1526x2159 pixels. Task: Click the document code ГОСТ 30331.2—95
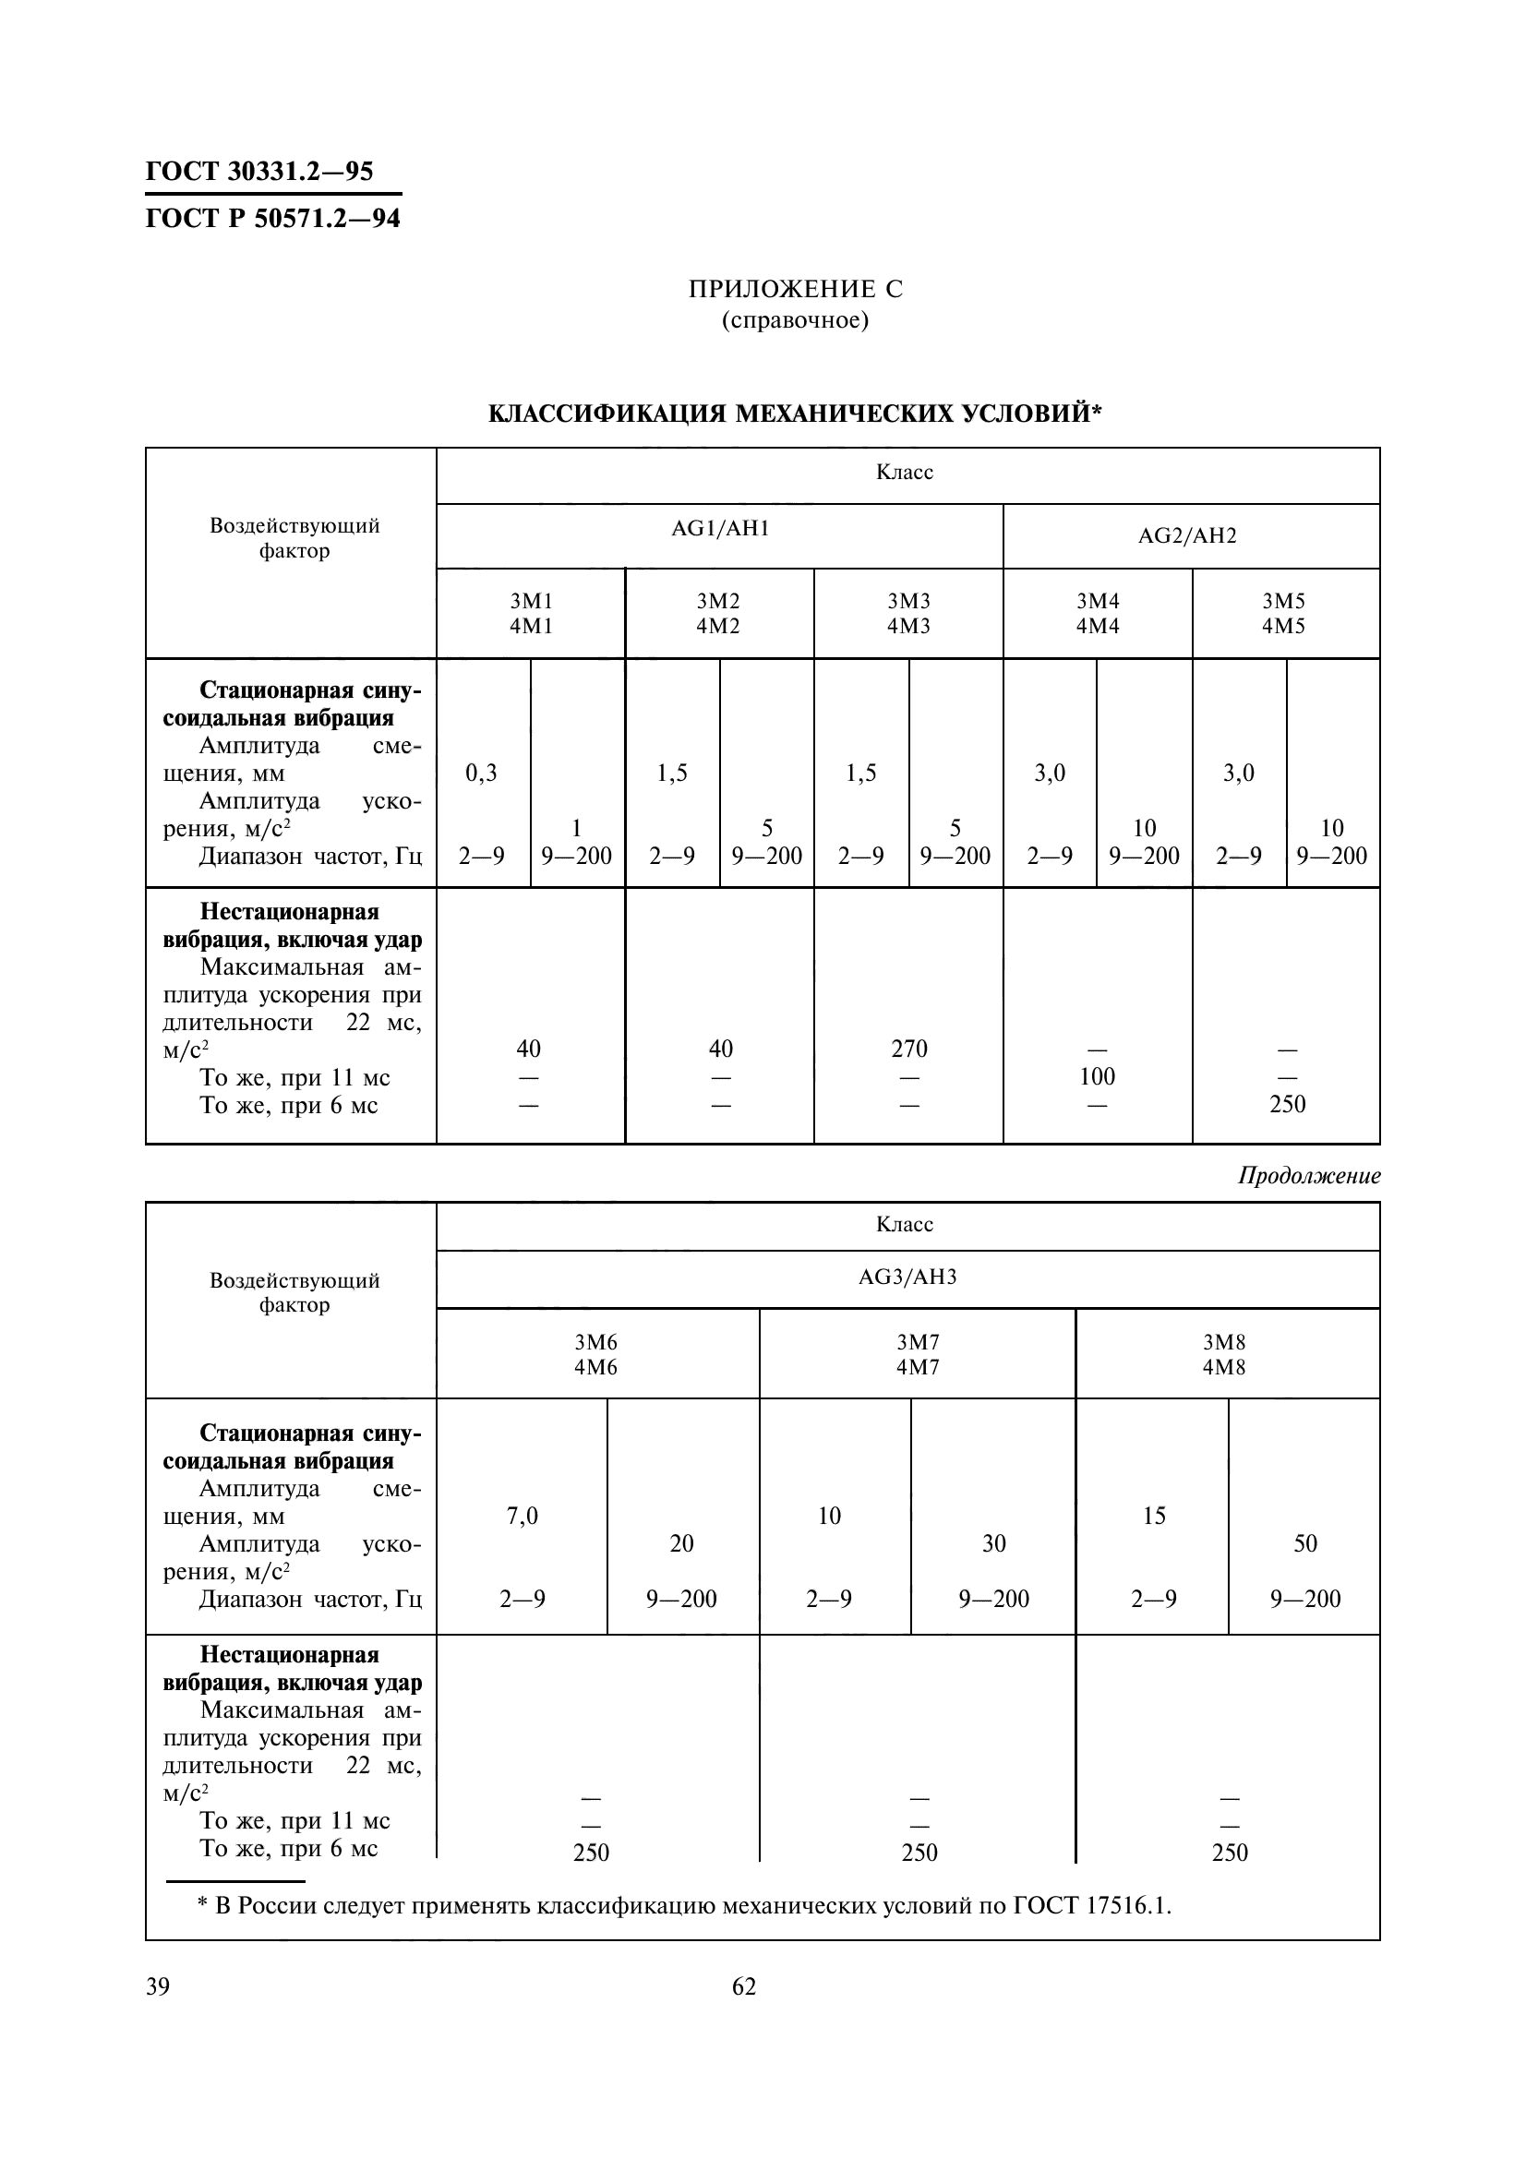tap(259, 171)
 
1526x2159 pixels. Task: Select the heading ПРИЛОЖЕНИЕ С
tap(796, 289)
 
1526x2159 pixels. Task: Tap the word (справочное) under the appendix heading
tap(796, 320)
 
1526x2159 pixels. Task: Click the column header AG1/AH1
tap(720, 529)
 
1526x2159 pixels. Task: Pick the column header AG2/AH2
tap(1187, 536)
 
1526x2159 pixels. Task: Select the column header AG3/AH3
tap(907, 1277)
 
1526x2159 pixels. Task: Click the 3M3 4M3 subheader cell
tap(908, 613)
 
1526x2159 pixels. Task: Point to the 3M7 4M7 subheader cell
tap(918, 1354)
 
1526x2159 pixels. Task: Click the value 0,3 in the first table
tap(481, 773)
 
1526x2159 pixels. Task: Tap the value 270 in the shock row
tap(909, 1049)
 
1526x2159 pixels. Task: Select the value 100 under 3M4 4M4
tap(1098, 1075)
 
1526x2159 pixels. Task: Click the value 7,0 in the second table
tap(522, 1516)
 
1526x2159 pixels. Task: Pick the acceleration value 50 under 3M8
tap(1305, 1543)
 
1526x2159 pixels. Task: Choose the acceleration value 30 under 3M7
tap(994, 1543)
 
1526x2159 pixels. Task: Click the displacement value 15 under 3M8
tap(1154, 1516)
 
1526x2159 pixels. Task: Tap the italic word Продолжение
tap(1309, 1175)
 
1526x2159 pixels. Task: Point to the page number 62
tap(744, 1986)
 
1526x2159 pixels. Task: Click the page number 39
tap(158, 1986)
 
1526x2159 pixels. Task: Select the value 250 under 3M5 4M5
tap(1287, 1104)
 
